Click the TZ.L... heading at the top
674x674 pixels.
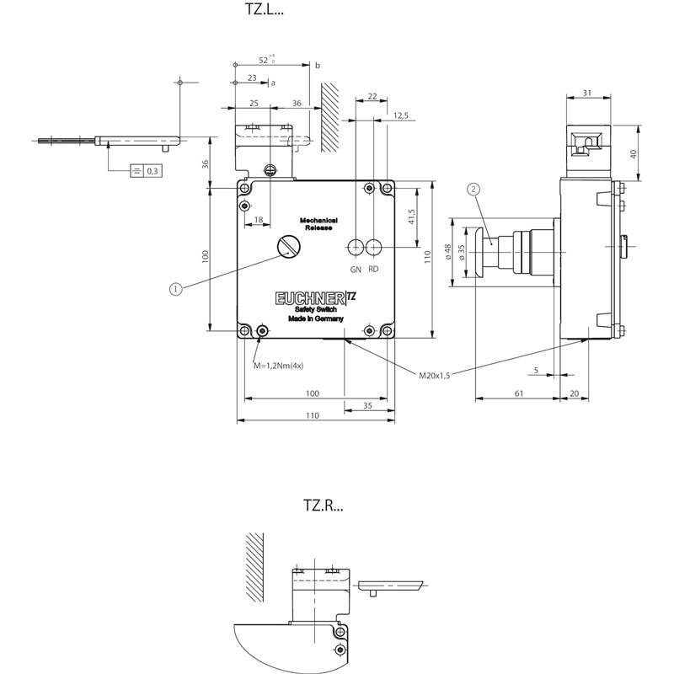tap(264, 9)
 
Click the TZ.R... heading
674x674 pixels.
tap(324, 505)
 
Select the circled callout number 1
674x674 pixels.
tap(175, 289)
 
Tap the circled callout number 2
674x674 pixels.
tap(473, 189)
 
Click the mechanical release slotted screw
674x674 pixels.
tap(288, 246)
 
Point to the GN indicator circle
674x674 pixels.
tap(356, 246)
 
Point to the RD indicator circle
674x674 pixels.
tap(373, 246)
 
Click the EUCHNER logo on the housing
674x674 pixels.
tap(309, 298)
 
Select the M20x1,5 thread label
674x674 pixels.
tap(435, 375)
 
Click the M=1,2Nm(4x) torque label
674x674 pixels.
tap(279, 366)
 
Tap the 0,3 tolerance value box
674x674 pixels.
tap(152, 171)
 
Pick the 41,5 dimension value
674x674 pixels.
tap(412, 217)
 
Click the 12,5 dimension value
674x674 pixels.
tap(401, 115)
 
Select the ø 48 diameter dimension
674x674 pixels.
tap(448, 252)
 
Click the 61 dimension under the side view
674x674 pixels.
tap(519, 393)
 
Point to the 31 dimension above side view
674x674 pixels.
tap(587, 93)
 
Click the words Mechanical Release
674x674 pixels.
tap(318, 224)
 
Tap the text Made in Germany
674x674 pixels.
tap(315, 319)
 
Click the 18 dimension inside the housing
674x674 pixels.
tap(259, 220)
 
